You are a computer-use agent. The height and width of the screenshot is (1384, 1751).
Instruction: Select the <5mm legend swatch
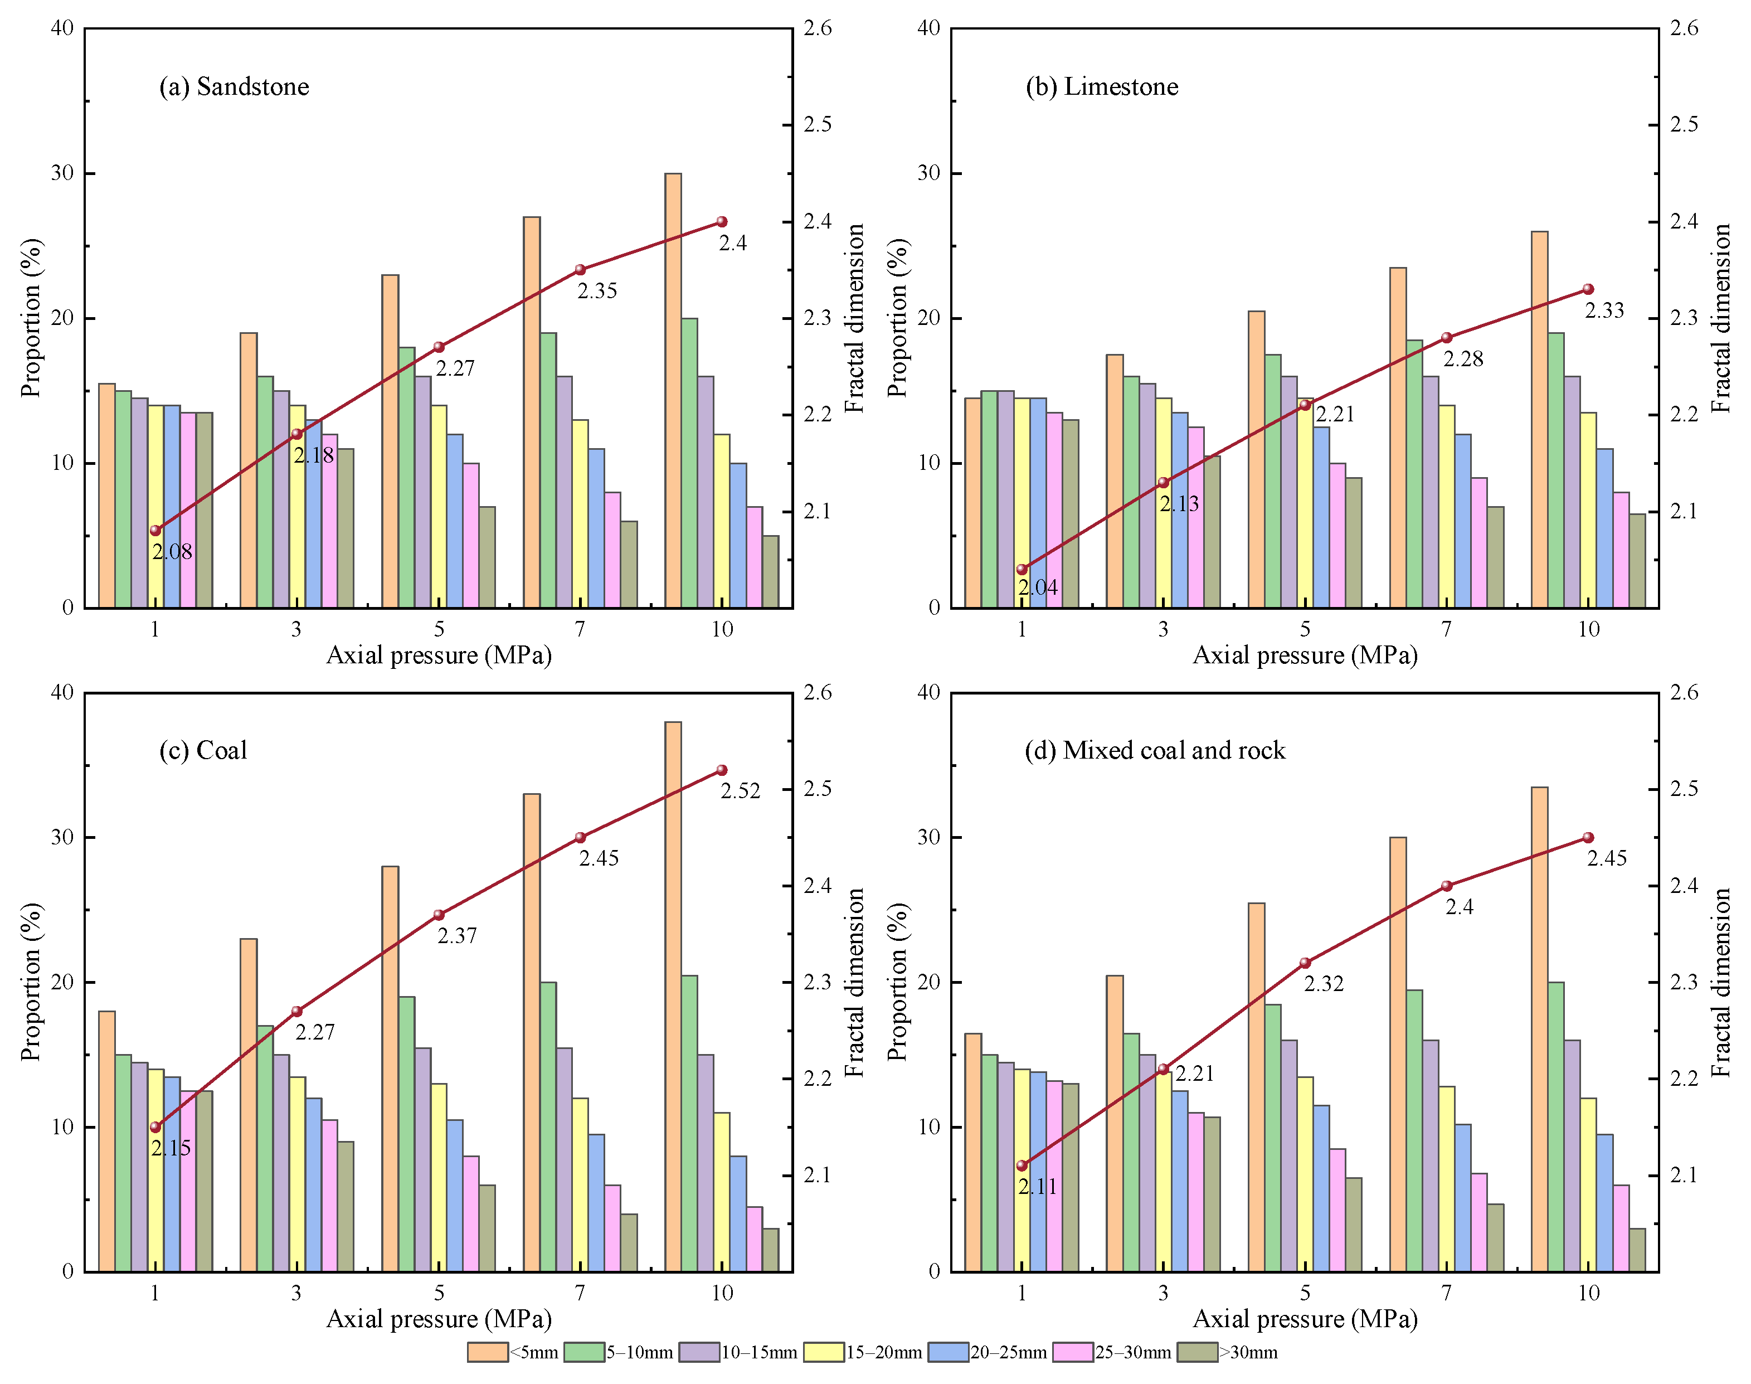487,1352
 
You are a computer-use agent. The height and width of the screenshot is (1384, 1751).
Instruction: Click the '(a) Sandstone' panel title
234,87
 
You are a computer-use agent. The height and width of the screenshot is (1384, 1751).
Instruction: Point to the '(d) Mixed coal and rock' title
1155,750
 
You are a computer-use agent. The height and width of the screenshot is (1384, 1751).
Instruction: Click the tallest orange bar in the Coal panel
673,997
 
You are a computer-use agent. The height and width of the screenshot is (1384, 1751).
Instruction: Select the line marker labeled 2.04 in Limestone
1022,570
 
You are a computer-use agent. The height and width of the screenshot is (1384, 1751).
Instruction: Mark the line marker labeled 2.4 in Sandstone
722,222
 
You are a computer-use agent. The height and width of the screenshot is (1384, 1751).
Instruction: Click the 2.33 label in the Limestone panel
1604,310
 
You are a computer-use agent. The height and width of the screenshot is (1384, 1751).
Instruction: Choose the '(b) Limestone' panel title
1102,87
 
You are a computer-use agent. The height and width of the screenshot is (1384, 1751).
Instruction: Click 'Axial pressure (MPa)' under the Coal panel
439,1319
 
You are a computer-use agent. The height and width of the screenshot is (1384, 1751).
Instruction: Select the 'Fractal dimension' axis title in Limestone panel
1722,318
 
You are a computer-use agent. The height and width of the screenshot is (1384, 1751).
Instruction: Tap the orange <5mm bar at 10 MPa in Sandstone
673,391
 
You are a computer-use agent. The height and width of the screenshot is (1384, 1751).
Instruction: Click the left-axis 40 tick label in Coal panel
62,693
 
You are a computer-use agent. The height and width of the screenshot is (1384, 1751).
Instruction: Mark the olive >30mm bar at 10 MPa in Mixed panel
1637,1250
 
